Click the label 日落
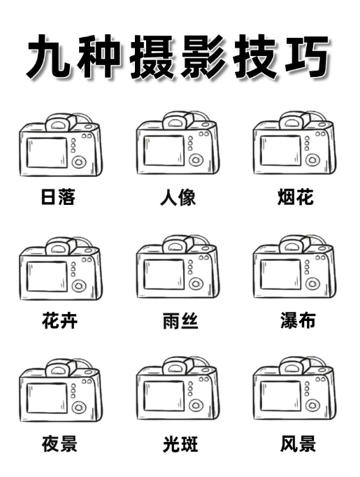pyautogui.click(x=58, y=197)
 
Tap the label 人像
pyautogui.click(x=178, y=197)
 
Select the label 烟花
pyautogui.click(x=296, y=197)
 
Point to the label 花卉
pyautogui.click(x=59, y=320)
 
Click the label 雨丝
pyautogui.click(x=180, y=320)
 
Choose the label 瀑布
pyautogui.click(x=298, y=320)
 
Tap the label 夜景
pyautogui.click(x=59, y=444)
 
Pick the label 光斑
pyautogui.click(x=180, y=444)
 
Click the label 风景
pyautogui.click(x=298, y=444)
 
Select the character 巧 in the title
pyautogui.click(x=306, y=56)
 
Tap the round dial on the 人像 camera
pyautogui.click(x=196, y=159)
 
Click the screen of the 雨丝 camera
pyautogui.click(x=164, y=274)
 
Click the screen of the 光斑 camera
pyautogui.click(x=164, y=396)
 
